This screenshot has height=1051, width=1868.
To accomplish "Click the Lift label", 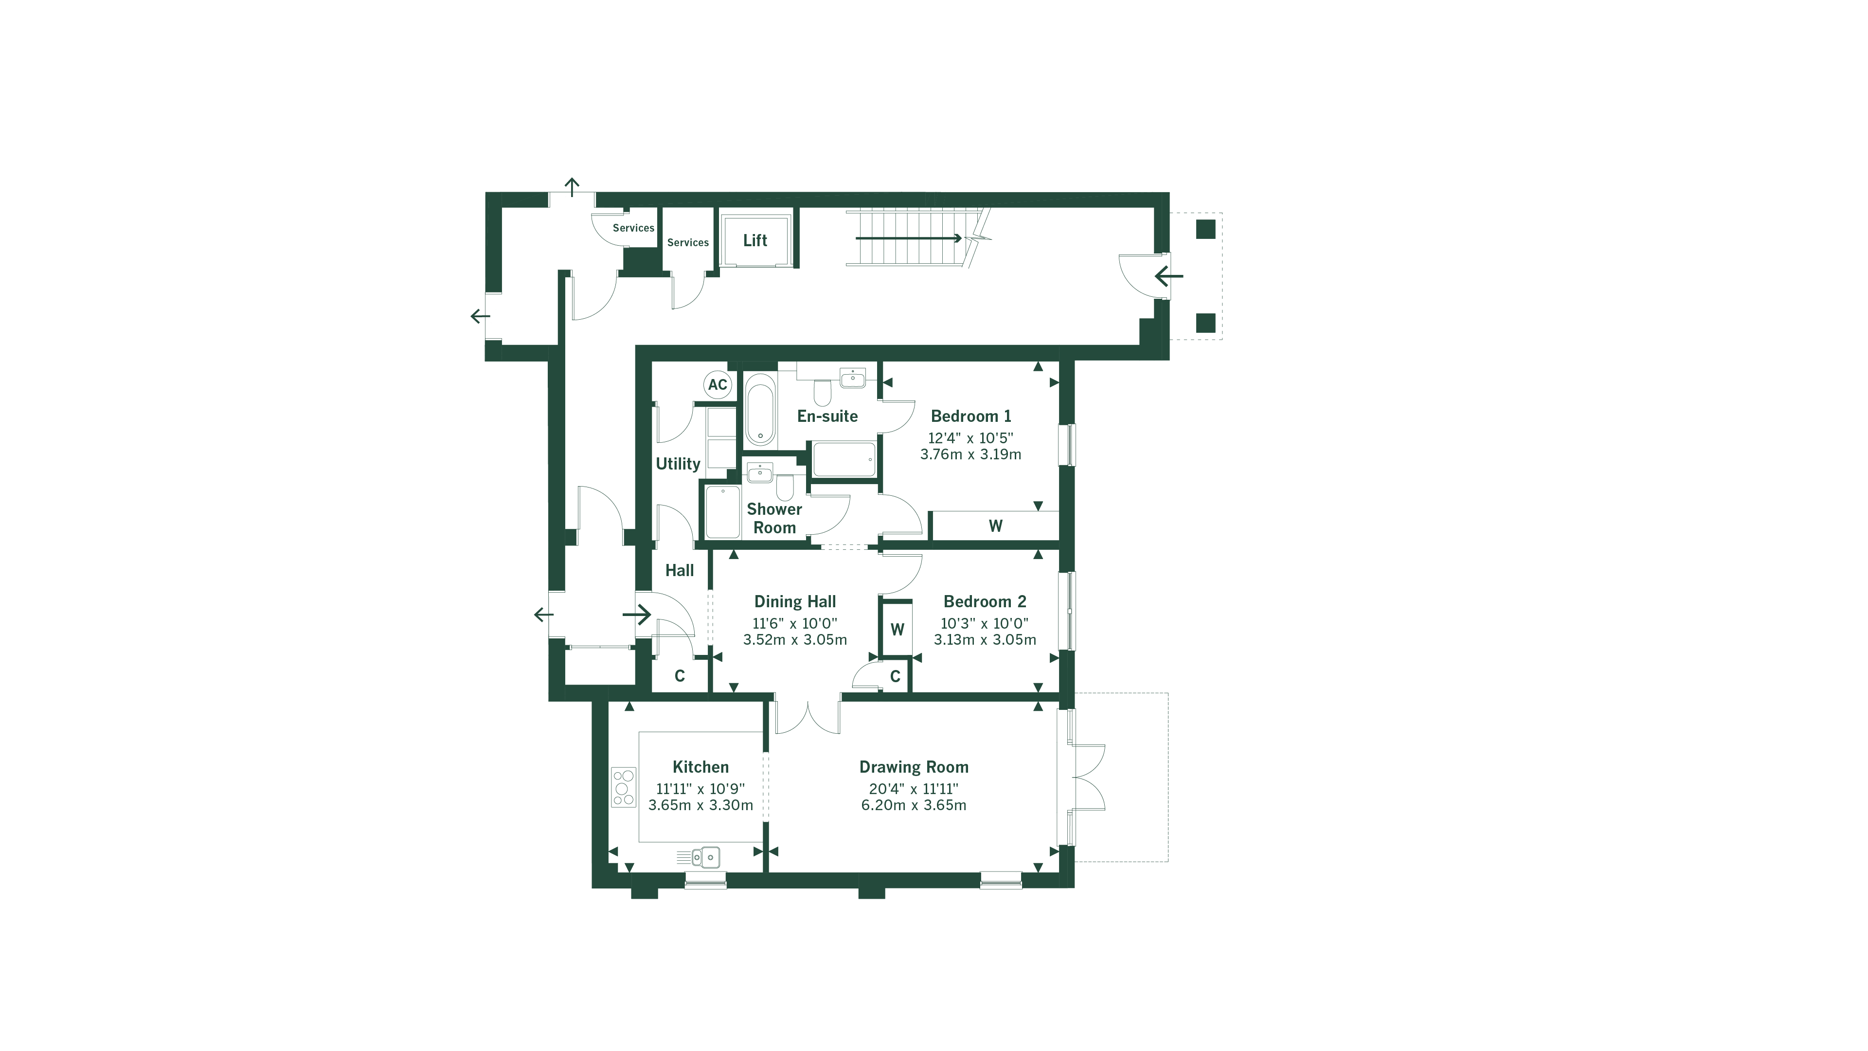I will [x=755, y=240].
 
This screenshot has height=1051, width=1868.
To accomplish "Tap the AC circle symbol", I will [x=717, y=384].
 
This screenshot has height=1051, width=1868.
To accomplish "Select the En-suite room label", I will [x=827, y=417].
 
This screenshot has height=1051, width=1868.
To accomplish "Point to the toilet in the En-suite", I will [x=822, y=392].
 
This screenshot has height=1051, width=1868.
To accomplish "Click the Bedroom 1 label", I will [x=970, y=417].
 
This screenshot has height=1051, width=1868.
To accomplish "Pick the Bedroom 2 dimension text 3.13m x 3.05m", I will [x=985, y=640].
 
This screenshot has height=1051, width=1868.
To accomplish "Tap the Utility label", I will [x=678, y=464].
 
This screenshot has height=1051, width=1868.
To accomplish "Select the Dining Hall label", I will [x=795, y=601].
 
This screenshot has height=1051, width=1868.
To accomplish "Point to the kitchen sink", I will [x=705, y=857].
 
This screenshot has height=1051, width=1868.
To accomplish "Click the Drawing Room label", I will [x=914, y=767].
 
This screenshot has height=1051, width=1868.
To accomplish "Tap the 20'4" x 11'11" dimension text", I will [x=914, y=788].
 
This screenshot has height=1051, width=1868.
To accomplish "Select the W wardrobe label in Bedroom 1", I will [x=996, y=526].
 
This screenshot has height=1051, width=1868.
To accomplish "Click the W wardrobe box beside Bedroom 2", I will [x=897, y=629].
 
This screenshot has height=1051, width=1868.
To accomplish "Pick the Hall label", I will [x=680, y=571].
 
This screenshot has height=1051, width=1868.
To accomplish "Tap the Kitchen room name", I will [x=700, y=767].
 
